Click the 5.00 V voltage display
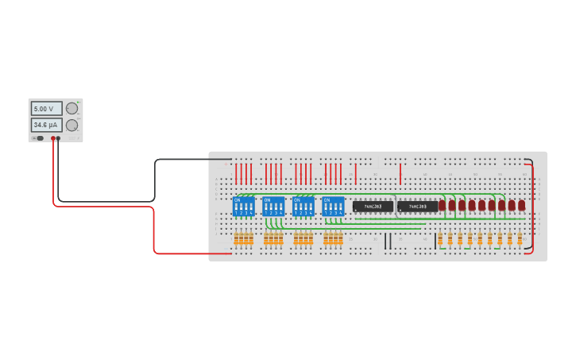46,108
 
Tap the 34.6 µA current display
46,125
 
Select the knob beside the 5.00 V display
72,108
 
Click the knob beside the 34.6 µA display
72,125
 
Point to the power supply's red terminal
53,138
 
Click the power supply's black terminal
58,138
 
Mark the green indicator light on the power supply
79,103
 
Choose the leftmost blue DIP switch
244,207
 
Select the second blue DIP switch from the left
273,207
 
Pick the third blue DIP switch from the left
303,207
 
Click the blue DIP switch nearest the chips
334,207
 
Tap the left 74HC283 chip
373,207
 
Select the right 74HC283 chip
418,207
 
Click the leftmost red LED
443,205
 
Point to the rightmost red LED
521,205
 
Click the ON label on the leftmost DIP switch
237,199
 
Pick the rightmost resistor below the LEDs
520,238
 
